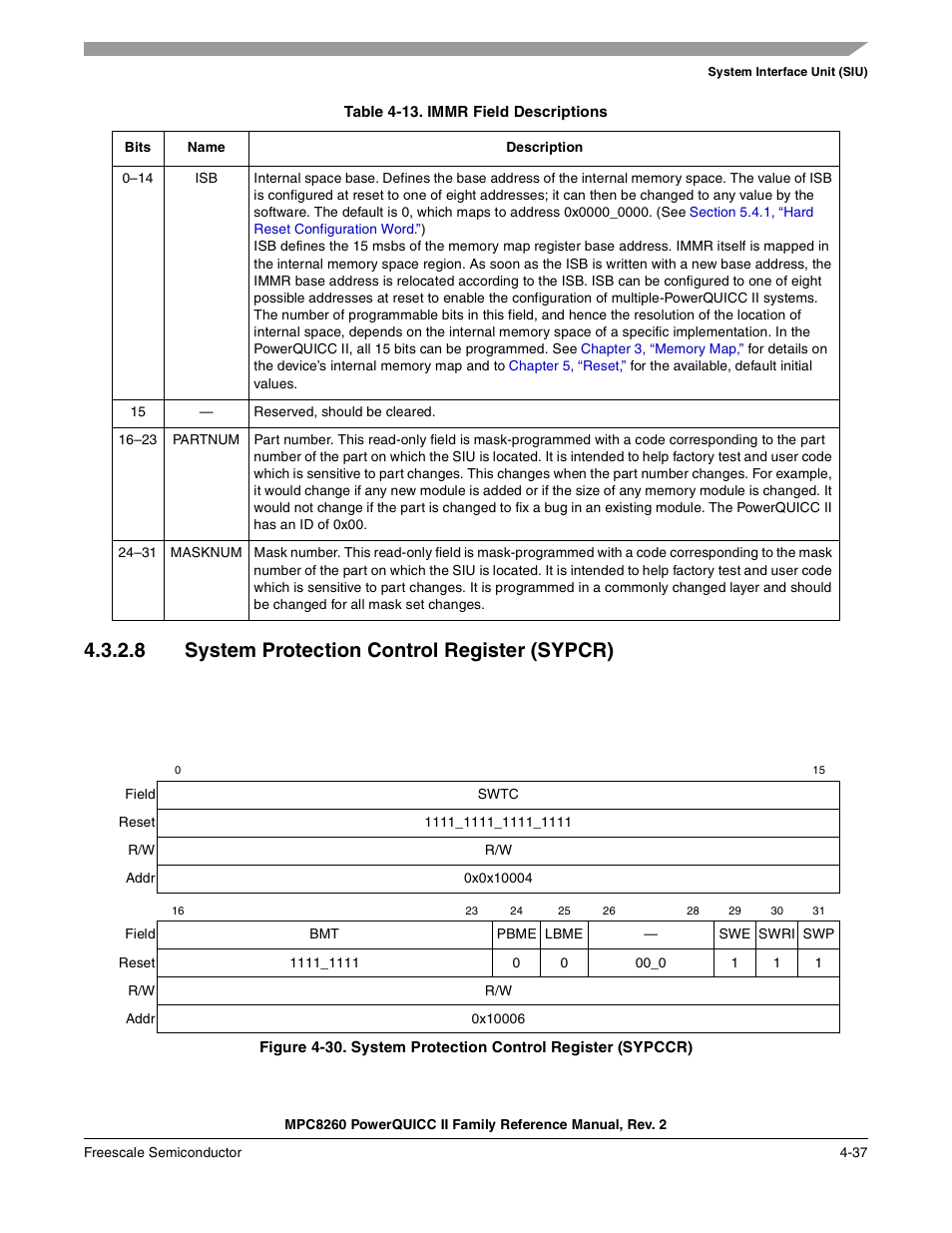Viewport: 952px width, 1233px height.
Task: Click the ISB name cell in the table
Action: coord(206,178)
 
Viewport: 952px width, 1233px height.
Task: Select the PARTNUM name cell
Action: coord(206,439)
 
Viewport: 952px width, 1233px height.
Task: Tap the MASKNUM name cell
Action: coord(206,552)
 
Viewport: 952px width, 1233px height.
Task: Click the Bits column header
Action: coord(138,147)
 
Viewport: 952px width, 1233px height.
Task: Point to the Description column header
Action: coord(544,147)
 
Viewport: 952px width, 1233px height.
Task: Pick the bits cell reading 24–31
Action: coord(138,552)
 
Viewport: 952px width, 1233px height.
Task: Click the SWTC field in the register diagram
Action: coord(498,794)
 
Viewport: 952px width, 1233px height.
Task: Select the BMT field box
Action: coord(324,933)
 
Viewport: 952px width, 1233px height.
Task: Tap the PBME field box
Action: coord(516,933)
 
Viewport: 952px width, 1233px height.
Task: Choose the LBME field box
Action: coord(564,933)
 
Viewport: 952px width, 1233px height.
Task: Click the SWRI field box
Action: coord(776,933)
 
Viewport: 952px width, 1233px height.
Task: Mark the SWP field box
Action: coord(818,933)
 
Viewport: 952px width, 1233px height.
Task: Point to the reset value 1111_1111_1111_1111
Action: coord(498,822)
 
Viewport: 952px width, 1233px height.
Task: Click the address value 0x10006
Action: coord(498,1018)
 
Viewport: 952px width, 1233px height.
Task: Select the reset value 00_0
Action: coord(651,962)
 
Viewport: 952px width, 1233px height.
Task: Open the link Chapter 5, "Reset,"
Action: coord(567,365)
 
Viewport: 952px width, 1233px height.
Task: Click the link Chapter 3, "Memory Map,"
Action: coord(662,348)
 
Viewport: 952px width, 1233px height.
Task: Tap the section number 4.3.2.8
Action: coord(115,650)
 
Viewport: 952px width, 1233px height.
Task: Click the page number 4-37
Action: coord(853,1152)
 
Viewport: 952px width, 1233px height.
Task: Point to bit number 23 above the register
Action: coord(472,911)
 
